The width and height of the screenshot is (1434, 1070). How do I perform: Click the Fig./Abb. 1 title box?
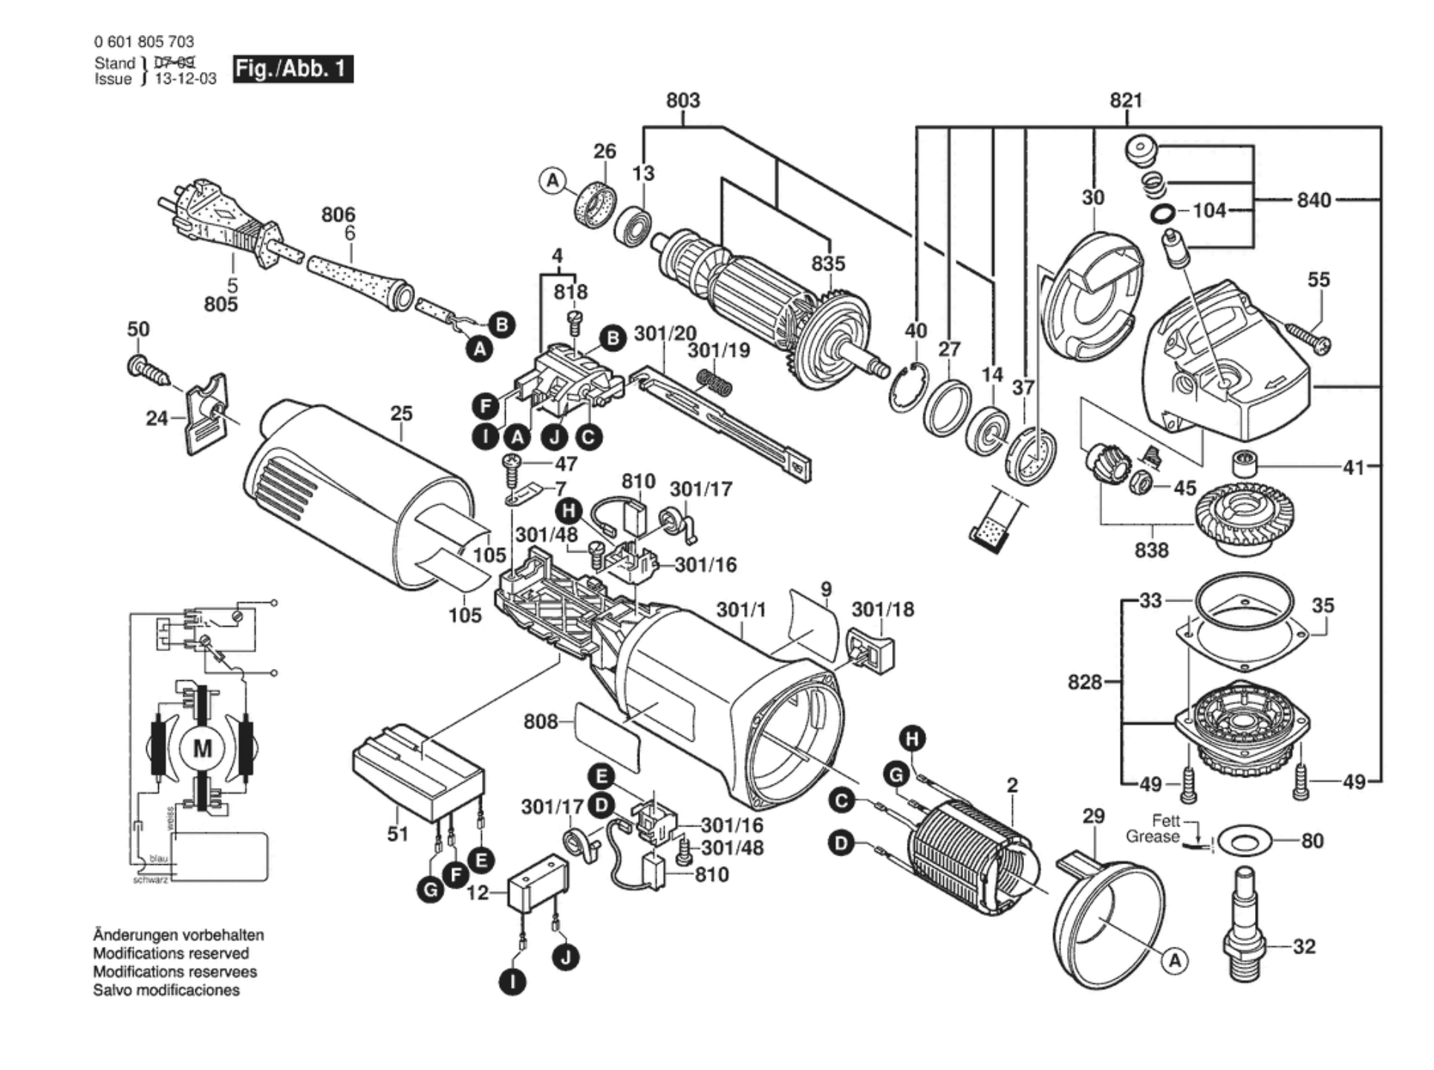pos(293,69)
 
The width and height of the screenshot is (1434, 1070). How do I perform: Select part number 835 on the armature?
pos(828,264)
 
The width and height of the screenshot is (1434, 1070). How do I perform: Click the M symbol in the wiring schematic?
pos(202,748)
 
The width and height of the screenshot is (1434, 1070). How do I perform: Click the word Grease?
pos(1152,837)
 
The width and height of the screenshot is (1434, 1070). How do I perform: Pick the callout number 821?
pos(1126,100)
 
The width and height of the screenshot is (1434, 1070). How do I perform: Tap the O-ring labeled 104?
pos(1162,215)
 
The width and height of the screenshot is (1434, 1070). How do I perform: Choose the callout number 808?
pos(540,722)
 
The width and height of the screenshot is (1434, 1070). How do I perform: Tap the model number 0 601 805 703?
pos(144,42)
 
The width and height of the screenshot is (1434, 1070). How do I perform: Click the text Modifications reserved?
pos(171,953)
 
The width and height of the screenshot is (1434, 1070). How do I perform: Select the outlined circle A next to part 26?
pos(552,180)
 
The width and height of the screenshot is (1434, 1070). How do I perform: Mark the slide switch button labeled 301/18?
pos(870,649)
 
